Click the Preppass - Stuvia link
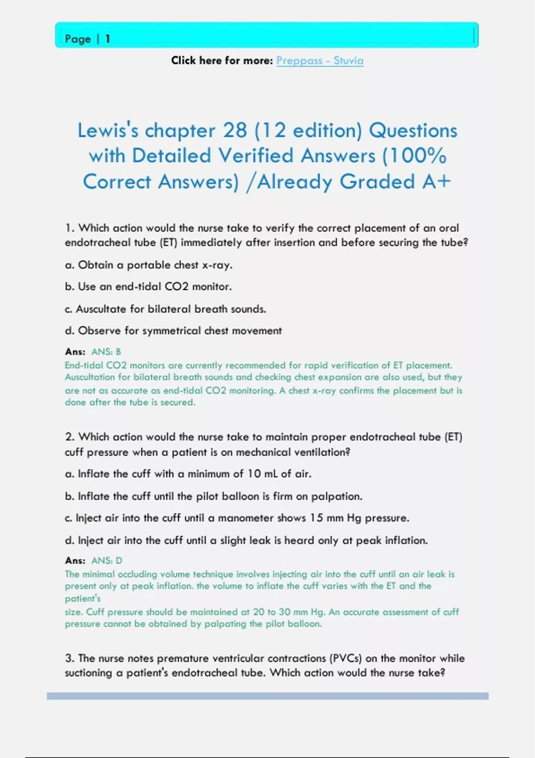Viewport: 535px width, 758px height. (320, 61)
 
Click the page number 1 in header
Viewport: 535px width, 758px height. (107, 39)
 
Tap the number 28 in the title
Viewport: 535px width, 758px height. (235, 131)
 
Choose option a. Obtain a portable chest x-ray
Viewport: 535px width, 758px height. (148, 265)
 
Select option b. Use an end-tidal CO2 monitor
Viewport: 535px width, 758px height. (148, 287)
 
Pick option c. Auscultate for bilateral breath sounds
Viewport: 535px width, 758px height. (165, 309)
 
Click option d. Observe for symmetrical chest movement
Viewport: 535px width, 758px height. (173, 331)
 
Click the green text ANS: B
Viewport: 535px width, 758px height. (106, 352)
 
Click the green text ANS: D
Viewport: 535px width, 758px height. (107, 560)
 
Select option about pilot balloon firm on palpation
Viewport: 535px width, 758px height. (214, 496)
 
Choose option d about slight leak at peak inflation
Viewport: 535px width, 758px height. (246, 540)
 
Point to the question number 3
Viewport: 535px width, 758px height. (69, 658)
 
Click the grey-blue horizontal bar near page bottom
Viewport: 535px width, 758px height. (267, 696)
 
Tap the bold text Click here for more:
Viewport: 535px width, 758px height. (222, 61)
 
